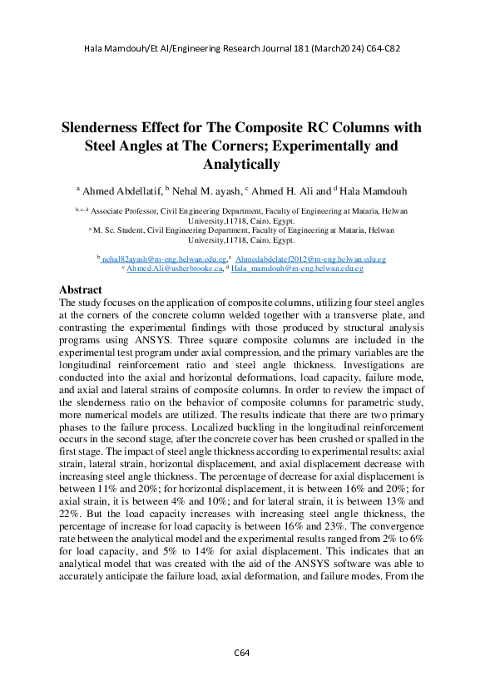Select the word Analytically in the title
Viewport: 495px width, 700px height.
[x=248, y=165]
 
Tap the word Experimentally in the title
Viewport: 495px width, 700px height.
[x=306, y=146]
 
